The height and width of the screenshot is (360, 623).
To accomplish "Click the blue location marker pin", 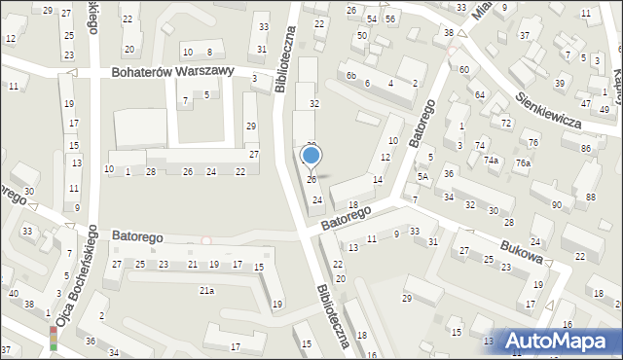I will click(x=311, y=156).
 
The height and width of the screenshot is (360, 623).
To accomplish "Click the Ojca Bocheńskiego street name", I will click(x=79, y=276).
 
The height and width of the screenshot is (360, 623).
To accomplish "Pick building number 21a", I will click(x=206, y=290).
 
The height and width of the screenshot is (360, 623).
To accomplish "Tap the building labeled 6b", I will click(x=351, y=76).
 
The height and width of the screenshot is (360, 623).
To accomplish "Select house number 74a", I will click(x=492, y=161).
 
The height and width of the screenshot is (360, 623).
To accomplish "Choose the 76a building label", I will click(x=523, y=162).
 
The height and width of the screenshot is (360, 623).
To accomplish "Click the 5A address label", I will click(x=422, y=177).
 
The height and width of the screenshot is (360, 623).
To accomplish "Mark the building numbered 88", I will click(x=590, y=198).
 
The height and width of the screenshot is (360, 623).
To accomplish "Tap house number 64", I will click(x=480, y=94).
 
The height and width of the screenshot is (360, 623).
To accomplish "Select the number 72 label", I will click(x=505, y=124).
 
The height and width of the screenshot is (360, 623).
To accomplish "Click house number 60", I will click(x=463, y=69).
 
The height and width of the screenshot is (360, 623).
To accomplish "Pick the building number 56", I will click(x=389, y=19).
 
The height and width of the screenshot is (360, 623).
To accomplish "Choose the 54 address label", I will click(x=372, y=19).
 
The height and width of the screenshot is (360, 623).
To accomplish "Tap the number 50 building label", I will click(x=361, y=35).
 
